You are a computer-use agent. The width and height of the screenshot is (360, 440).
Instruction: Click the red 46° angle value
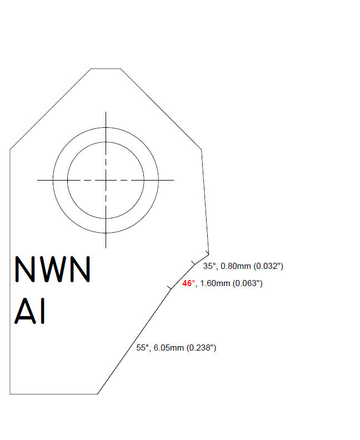[x=189, y=283]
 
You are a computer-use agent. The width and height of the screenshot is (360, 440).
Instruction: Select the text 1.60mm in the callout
[x=215, y=283]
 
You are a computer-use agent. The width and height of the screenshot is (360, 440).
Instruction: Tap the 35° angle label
[x=209, y=266]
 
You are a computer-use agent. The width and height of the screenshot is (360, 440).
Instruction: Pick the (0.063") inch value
[x=247, y=283]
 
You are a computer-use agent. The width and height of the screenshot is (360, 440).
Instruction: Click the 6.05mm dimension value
[x=168, y=348]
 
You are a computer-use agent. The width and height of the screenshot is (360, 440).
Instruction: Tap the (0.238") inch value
[x=202, y=348]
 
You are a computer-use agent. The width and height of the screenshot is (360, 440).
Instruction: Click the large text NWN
[x=52, y=270]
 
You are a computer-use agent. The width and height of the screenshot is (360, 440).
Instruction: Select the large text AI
[x=31, y=312]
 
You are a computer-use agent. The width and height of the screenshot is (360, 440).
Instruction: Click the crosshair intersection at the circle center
[x=106, y=179]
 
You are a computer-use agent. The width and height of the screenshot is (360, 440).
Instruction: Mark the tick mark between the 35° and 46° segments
[x=193, y=262]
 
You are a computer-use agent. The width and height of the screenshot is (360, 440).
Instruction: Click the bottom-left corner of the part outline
[x=10, y=394]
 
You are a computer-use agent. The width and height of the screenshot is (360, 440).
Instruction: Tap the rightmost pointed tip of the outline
[x=208, y=253]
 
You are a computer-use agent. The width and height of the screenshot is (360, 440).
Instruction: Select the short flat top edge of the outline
[x=106, y=69]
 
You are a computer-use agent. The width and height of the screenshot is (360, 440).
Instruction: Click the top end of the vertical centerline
[x=106, y=112]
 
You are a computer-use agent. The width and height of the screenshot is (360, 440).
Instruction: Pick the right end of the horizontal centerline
[x=173, y=179]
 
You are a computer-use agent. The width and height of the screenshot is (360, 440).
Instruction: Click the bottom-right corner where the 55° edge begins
[x=98, y=394]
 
